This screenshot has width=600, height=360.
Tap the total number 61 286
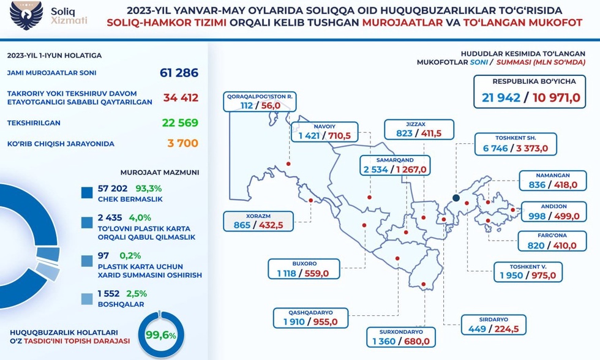pyautogui.click(x=179, y=73)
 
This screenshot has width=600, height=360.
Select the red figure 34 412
pyautogui.click(x=181, y=97)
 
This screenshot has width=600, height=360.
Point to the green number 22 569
pyautogui.click(x=180, y=122)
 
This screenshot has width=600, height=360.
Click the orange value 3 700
pyautogui.click(x=182, y=143)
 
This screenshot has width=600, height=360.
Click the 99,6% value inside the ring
pyautogui.click(x=161, y=335)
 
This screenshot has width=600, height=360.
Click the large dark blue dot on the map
pyautogui.click(x=456, y=198)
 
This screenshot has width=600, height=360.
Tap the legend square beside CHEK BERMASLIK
pyautogui.click(x=87, y=193)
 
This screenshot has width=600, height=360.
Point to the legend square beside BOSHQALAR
pyautogui.click(x=87, y=298)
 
